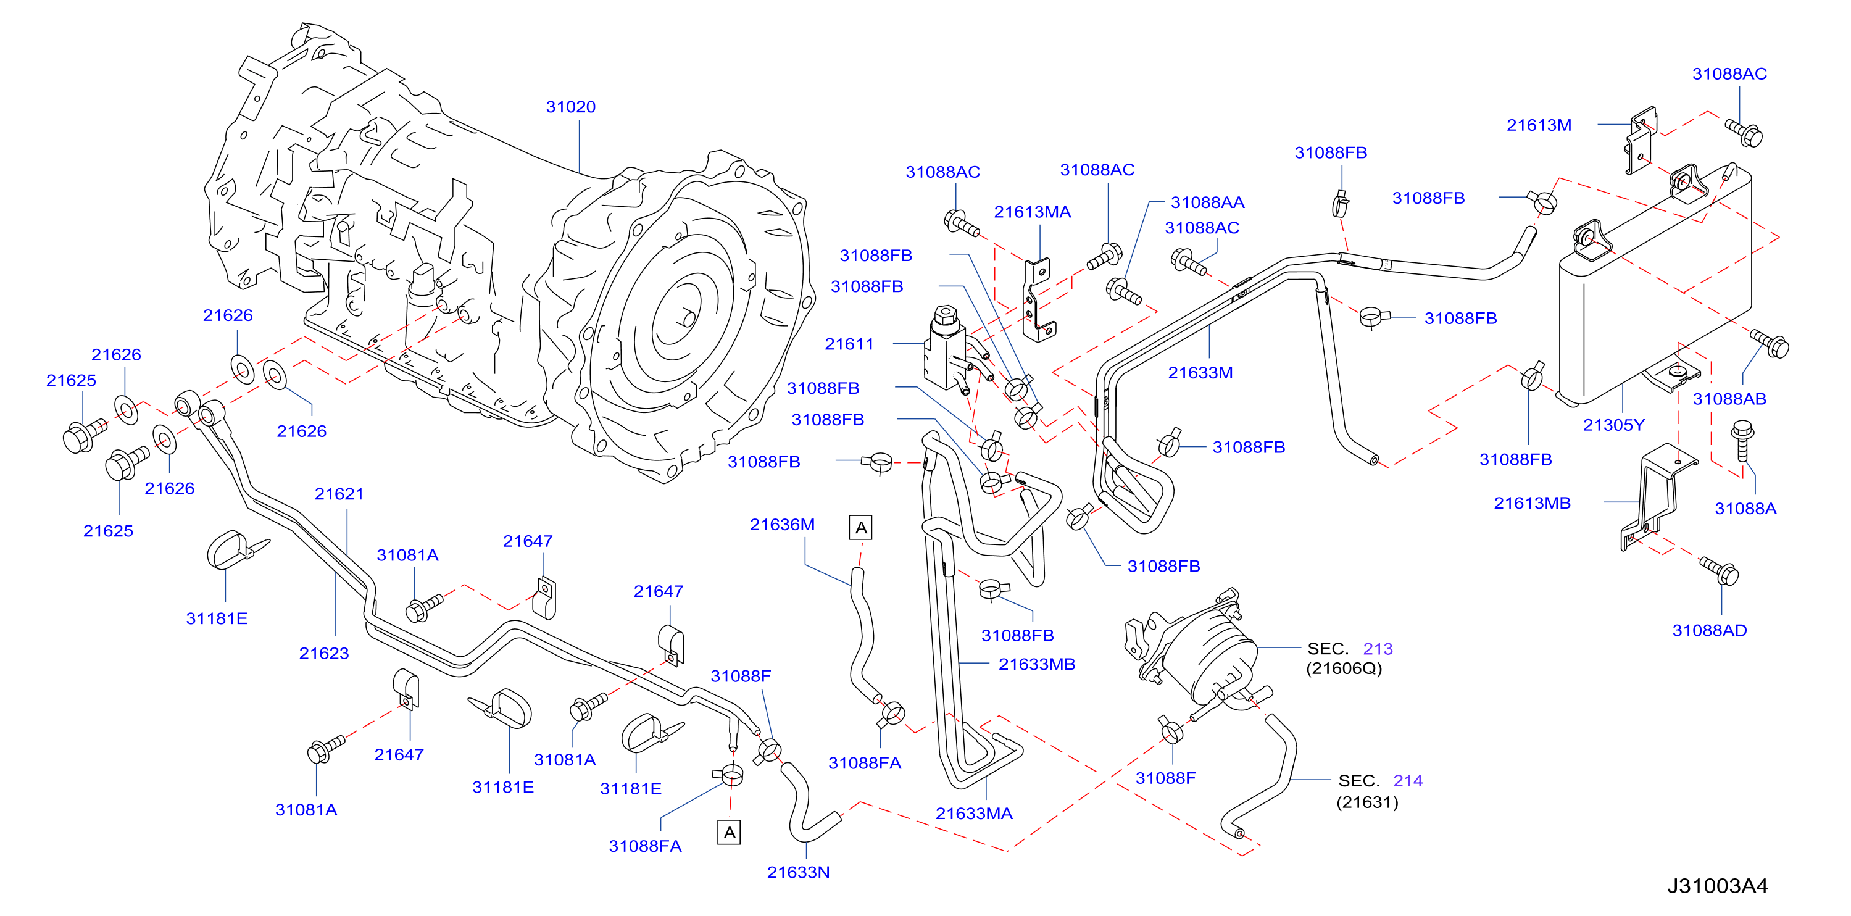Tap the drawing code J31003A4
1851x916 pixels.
click(1717, 886)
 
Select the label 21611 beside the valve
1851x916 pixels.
click(849, 344)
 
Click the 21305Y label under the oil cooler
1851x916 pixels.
click(1614, 425)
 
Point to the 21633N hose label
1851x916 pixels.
click(798, 872)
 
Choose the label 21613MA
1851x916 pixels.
click(1033, 212)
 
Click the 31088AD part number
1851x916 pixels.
click(1710, 631)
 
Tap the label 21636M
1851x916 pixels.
click(783, 525)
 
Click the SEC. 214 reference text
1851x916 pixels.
click(1380, 781)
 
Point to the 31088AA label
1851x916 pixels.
click(1208, 202)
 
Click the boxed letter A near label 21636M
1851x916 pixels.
click(861, 528)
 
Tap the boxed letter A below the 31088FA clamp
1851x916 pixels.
click(730, 833)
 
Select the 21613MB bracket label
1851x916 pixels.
click(1533, 503)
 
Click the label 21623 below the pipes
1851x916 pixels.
click(324, 654)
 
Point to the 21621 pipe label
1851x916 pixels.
click(339, 494)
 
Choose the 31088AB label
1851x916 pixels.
click(1729, 399)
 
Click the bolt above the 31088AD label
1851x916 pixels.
click(1720, 571)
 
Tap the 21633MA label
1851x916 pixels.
click(974, 814)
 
